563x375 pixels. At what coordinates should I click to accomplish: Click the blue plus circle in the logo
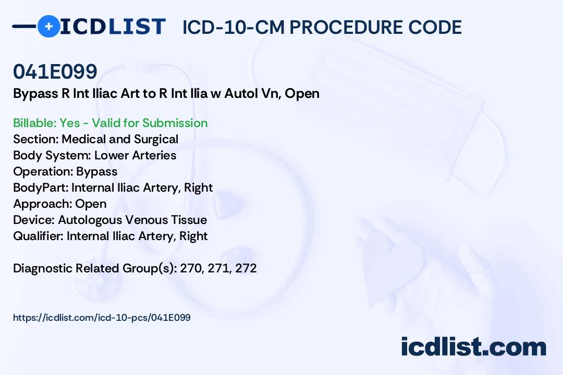[49, 26]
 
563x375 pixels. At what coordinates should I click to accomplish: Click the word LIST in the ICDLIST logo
[137, 27]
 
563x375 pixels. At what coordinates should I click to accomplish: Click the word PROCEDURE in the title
[346, 27]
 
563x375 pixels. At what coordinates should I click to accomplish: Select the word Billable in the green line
[34, 123]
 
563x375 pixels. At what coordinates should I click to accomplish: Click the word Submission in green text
[175, 123]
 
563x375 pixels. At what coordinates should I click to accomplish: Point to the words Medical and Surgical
[120, 139]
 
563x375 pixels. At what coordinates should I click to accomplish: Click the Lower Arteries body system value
[136, 155]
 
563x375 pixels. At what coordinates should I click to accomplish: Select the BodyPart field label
[41, 187]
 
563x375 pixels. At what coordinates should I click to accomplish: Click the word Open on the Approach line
[91, 204]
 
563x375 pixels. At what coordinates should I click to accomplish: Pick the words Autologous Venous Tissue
[132, 220]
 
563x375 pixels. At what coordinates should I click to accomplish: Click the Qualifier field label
[38, 236]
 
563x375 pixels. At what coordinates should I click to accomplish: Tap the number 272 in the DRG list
[246, 268]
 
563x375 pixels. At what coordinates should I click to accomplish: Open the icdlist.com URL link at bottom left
[102, 318]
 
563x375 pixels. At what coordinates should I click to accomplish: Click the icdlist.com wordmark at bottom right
[473, 347]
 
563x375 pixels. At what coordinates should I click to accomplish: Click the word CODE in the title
[435, 27]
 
